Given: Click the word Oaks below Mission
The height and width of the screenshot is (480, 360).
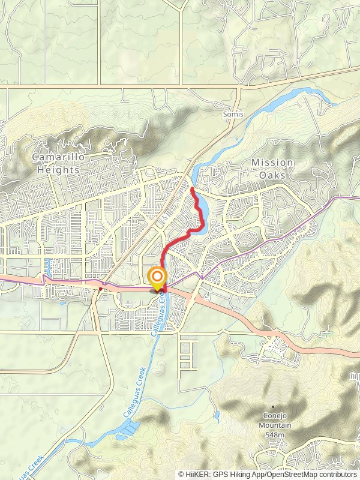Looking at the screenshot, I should [272, 175].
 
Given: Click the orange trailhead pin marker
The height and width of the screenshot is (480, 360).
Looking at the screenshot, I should [157, 278].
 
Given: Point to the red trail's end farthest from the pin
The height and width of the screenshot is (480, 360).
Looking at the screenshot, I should [191, 188].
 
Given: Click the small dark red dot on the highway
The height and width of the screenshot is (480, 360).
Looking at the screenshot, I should [100, 289].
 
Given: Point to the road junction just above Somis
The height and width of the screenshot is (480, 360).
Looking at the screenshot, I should [239, 88].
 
